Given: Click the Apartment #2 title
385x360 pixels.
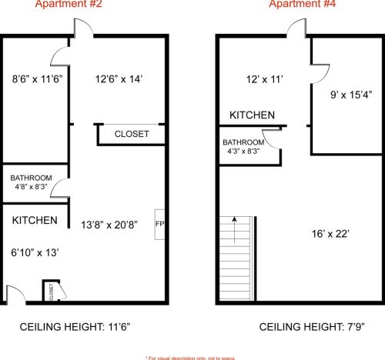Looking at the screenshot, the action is [69, 4].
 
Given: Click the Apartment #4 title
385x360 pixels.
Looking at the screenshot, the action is [303, 4].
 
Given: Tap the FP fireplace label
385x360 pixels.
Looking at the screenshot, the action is [159, 224].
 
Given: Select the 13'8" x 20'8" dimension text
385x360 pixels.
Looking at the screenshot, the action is [109, 225].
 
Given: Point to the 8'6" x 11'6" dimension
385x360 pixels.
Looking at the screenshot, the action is [38, 79].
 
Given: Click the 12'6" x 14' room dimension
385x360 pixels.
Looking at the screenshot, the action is [119, 79].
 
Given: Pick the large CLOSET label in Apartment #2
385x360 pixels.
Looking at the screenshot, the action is [132, 134].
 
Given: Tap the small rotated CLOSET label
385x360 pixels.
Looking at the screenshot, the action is [51, 292].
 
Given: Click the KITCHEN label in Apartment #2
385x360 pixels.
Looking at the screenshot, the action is [35, 220].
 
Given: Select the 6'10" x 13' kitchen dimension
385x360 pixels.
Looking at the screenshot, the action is [35, 252].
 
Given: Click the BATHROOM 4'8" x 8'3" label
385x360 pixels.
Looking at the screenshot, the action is [31, 182].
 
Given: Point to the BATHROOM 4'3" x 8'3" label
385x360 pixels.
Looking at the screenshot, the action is [243, 146].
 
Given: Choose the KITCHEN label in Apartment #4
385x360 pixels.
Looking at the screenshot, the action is [252, 115].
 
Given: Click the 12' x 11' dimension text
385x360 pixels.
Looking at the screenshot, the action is [265, 79].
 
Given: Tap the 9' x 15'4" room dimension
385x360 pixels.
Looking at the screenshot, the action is [351, 95].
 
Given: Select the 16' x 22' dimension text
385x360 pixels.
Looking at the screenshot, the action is [330, 234].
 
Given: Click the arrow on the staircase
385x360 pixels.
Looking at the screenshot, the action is [234, 230].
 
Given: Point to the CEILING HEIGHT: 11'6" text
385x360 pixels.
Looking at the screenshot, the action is [75, 327].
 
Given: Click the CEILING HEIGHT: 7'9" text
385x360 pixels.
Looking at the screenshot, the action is [312, 327].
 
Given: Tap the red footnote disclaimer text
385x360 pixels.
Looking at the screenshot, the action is [190, 358].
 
